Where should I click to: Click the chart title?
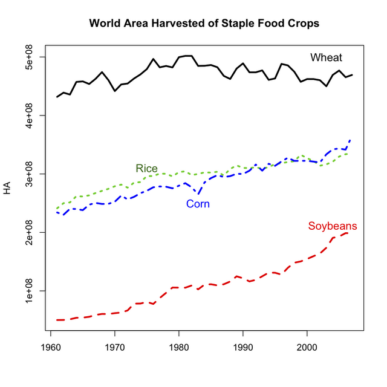[x=204, y=24]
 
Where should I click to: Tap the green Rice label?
[x=146, y=168]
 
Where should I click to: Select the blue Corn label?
[x=198, y=204]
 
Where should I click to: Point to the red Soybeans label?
[x=332, y=227]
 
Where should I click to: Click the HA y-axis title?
[x=7, y=188]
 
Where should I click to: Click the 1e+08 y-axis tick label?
[x=28, y=290]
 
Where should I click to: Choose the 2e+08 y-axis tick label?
[x=28, y=232]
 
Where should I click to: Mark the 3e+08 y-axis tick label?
[x=28, y=174]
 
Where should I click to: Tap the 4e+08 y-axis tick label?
[x=28, y=115]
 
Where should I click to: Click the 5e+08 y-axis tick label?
[x=28, y=57]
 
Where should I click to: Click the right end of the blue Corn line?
[x=351, y=140]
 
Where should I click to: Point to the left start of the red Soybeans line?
[x=57, y=319]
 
